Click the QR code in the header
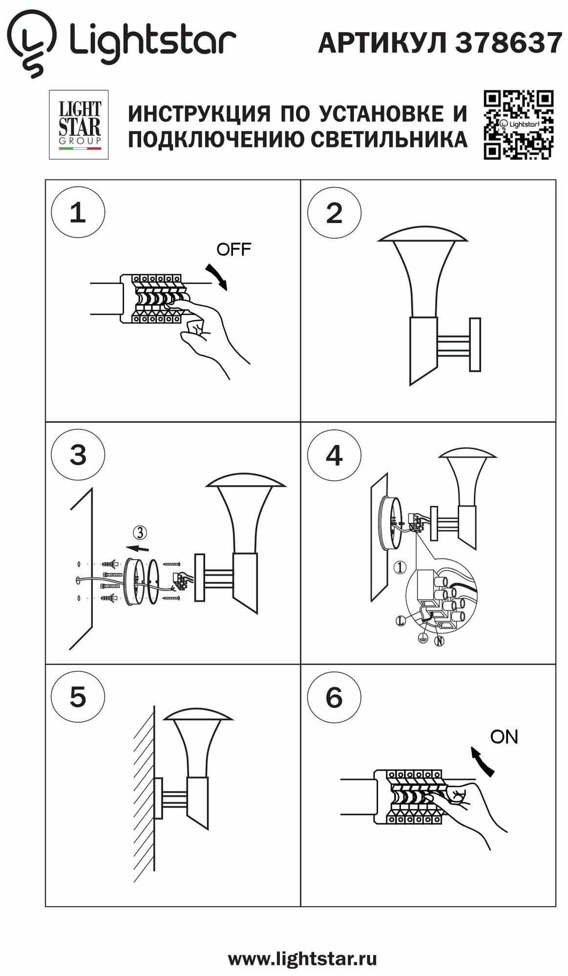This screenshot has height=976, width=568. tap(518, 124)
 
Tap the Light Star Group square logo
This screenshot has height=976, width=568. tap(79, 124)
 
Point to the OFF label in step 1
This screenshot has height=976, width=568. tap(233, 249)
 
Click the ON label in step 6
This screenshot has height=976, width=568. tap(504, 736)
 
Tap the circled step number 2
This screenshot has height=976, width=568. tap(334, 213)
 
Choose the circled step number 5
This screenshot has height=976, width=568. tap(78, 696)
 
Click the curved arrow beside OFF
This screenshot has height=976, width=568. tap(217, 276)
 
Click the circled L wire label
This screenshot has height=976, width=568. tap(400, 621)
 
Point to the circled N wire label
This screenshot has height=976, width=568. tap(439, 641)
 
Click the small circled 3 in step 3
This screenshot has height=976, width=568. tap(140, 532)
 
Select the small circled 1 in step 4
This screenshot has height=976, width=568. tap(400, 567)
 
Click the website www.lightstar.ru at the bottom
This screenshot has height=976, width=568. tap(302, 958)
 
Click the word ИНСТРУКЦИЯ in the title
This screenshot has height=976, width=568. tap(199, 114)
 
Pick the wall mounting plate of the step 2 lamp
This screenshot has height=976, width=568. tap(475, 345)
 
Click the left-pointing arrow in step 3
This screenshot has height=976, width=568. tap(137, 548)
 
